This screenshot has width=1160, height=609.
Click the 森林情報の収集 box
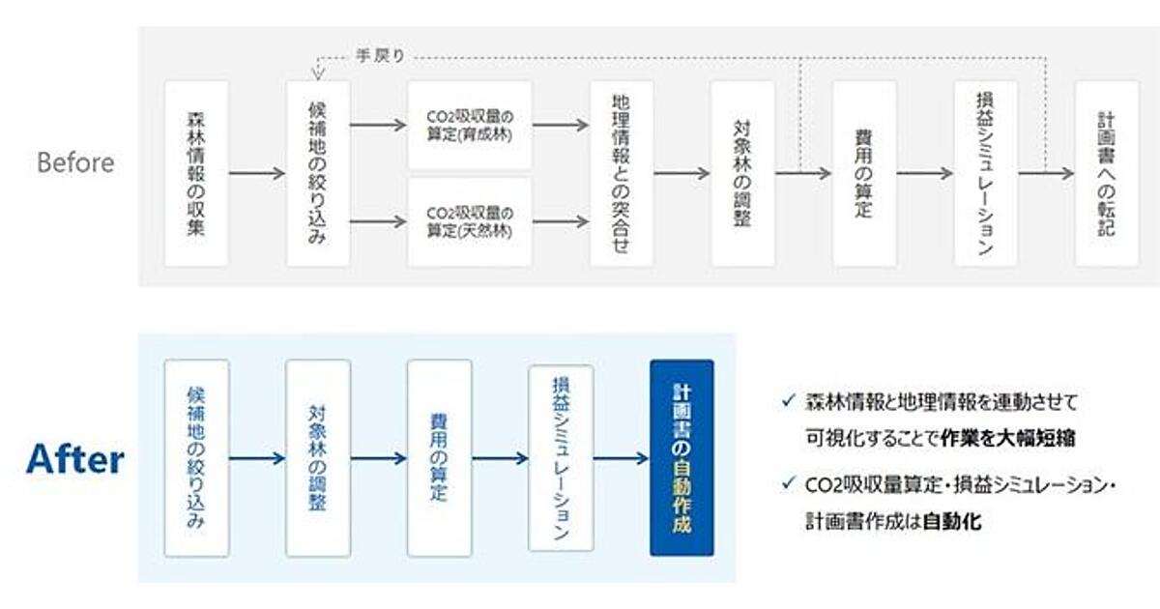pos(196,173)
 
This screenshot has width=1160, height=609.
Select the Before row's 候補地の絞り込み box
pos(318,173)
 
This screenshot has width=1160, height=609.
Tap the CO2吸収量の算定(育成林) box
pos(469,125)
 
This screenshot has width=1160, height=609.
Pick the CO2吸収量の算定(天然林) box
pos(469,221)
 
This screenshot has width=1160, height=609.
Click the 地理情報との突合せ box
pos(622,173)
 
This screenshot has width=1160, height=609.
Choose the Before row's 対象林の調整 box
pos(742,173)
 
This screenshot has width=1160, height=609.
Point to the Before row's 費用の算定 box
pos(864,173)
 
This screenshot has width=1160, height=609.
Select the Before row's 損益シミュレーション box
pos(985,173)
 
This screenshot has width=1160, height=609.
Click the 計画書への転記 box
pos(1107,173)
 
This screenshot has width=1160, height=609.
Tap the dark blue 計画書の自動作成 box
pos(681,458)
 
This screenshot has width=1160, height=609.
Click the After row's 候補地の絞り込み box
pos(196,458)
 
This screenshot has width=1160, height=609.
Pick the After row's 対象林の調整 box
pos(318,458)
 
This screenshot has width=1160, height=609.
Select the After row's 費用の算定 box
pos(439,458)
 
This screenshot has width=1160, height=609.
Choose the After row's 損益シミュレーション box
pos(561,458)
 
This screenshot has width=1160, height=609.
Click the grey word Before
pos(75,162)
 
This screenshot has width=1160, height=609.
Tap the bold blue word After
pos(75,459)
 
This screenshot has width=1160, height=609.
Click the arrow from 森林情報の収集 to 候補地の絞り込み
pos(257,174)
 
